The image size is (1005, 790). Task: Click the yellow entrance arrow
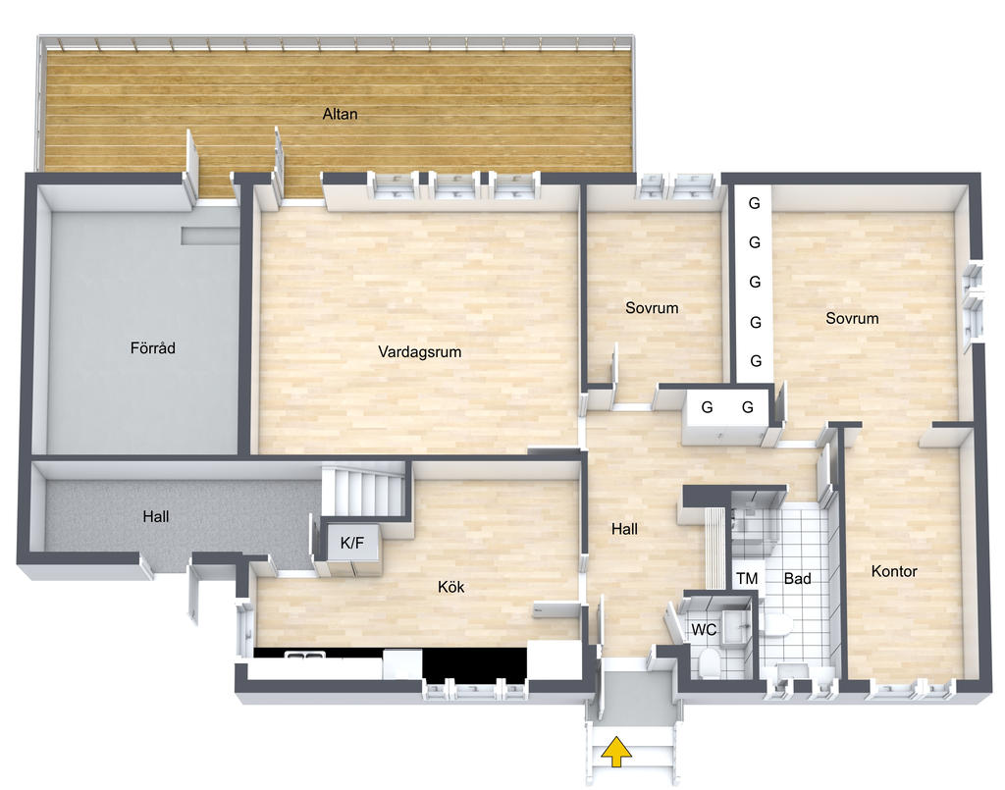[616, 752]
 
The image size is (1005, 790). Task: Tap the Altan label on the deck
[340, 114]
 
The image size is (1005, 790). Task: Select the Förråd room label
[152, 348]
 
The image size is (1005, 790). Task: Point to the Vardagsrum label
[420, 351]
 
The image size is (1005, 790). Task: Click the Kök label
[451, 587]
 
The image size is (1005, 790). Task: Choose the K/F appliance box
[352, 544]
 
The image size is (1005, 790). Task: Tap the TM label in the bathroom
[747, 579]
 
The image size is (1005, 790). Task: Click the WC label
[704, 630]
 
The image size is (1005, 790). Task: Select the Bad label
[797, 579]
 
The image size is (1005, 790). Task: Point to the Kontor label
[894, 571]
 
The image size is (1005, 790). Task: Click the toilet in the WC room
[708, 662]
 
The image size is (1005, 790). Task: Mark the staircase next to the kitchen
[364, 490]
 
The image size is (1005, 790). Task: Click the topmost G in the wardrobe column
[755, 203]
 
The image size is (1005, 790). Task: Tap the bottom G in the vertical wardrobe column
[756, 361]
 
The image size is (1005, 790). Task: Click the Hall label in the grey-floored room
[156, 516]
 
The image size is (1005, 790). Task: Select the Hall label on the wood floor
[624, 529]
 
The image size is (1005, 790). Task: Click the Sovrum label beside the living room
[652, 307]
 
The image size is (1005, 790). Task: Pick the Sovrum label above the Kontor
[852, 318]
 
